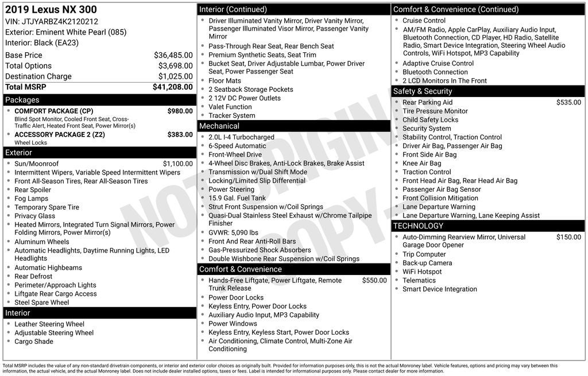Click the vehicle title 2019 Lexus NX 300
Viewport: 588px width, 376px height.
coord(51,10)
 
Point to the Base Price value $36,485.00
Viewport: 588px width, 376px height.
coord(173,55)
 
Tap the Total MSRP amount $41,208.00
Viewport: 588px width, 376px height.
coord(172,87)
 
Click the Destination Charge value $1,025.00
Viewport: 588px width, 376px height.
coord(175,76)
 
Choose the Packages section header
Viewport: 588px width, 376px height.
coord(22,100)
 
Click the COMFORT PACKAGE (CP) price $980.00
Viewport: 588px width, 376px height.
coord(180,111)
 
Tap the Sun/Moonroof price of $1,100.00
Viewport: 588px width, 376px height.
coord(177,164)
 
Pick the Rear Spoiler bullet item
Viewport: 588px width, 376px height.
coord(33,190)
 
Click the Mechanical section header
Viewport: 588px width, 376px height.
coord(219,126)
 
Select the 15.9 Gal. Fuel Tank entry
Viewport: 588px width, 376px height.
coord(237,198)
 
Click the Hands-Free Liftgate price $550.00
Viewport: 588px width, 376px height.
coord(374,280)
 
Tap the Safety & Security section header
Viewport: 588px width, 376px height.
coord(422,91)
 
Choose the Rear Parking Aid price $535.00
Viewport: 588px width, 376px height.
coord(568,102)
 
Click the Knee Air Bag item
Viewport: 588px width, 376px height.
coord(422,164)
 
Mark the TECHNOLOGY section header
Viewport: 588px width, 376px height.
coord(418,226)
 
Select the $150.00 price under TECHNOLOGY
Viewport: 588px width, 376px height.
coord(568,237)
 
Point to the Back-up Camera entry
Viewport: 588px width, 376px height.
coord(427,263)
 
